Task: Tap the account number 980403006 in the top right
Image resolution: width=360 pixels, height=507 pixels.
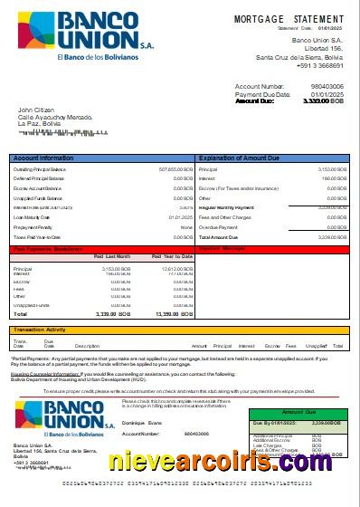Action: pos(327,87)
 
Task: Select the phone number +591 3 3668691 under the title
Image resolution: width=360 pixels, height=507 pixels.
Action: pos(317,66)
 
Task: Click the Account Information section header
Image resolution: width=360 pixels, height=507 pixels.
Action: pos(43,158)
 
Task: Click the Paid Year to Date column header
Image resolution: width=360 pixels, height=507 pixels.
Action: pos(170,256)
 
